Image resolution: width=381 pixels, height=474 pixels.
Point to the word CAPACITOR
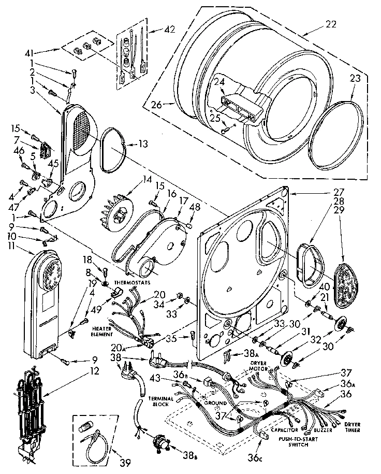click(x=284, y=430)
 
